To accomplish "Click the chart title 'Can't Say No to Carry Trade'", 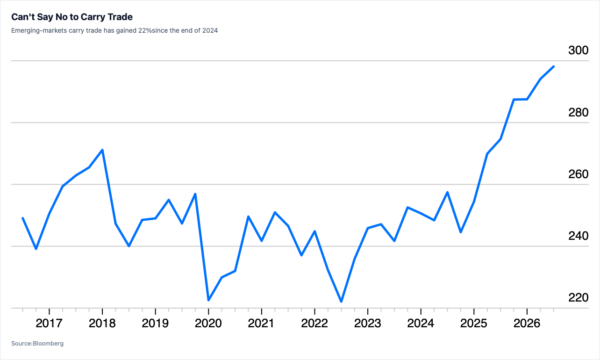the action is pos(72,17).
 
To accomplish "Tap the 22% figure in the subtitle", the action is pos(145,30).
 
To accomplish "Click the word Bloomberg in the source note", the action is pos(48,343).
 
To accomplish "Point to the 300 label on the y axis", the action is pos(579,50).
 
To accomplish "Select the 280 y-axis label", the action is pos(579,112).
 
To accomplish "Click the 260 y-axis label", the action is pos(579,174).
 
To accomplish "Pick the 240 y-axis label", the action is pos(579,236).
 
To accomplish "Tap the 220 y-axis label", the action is pos(579,297).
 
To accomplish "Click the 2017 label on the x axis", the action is pos(49,323).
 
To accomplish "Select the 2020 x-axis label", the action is pos(208,323).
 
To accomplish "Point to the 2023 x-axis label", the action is pos(367,323).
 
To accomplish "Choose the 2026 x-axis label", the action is pos(527,323).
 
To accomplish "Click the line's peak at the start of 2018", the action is pos(102,150).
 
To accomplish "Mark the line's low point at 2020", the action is pos(208,300).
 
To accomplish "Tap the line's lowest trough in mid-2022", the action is pos(341,302).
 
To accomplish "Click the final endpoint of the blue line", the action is pos(554,66).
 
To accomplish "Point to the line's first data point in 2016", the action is pos(23,218).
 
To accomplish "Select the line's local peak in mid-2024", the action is pos(447,192).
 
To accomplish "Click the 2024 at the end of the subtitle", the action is pos(210,30).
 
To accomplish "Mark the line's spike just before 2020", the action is pos(195,194).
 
